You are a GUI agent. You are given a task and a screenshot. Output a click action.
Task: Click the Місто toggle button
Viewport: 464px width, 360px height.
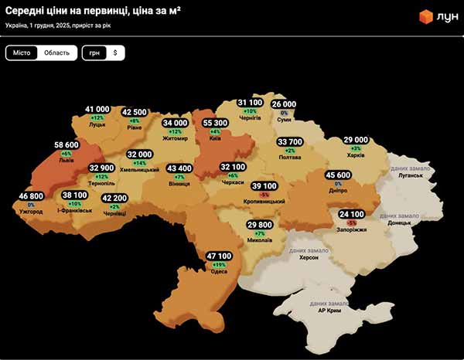tap(22, 53)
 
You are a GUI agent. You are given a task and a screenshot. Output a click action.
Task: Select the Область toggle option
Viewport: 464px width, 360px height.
tap(56, 53)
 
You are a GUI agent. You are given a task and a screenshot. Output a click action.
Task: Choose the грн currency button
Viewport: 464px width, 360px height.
tap(94, 53)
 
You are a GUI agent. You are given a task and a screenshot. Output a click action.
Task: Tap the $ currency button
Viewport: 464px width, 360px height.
tap(114, 53)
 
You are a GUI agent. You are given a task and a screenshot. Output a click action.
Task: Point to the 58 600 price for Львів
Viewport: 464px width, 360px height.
tap(67, 144)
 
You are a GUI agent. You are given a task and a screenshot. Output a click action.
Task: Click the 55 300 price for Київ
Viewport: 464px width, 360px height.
tap(214, 123)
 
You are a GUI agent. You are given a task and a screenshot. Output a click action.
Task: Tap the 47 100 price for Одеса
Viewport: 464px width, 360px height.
tap(219, 256)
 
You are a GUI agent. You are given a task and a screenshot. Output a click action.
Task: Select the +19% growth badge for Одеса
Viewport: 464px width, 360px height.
tap(219, 264)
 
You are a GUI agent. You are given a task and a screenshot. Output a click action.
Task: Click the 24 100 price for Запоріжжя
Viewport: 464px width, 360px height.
tap(351, 214)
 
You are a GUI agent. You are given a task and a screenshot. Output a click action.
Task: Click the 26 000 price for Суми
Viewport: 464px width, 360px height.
tap(284, 104)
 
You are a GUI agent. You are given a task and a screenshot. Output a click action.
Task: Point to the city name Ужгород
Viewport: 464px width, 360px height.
tap(31, 211)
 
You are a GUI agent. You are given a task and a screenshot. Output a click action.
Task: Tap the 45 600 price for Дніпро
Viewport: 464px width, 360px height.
tap(338, 175)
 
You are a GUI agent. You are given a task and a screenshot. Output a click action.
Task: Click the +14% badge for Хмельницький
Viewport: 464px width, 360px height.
tap(140, 163)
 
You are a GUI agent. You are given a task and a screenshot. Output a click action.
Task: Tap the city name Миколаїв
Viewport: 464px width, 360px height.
tap(260, 240)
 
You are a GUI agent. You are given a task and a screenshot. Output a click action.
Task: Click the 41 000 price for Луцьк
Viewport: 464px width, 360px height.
tap(97, 110)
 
